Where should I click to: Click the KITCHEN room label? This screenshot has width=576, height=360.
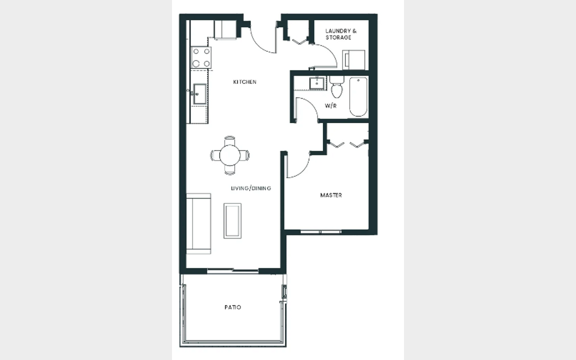pyautogui.click(x=244, y=82)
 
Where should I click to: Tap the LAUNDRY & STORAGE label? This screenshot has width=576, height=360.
pyautogui.click(x=341, y=34)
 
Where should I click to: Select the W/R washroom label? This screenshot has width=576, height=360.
pyautogui.click(x=331, y=106)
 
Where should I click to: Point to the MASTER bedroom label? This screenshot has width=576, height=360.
pyautogui.click(x=331, y=195)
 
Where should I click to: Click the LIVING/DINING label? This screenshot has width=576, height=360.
pyautogui.click(x=251, y=188)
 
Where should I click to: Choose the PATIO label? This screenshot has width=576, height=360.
pyautogui.click(x=233, y=307)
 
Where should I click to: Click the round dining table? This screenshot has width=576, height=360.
pyautogui.click(x=230, y=155)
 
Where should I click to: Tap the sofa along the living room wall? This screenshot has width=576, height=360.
pyautogui.click(x=198, y=224)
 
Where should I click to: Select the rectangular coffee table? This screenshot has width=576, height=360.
pyautogui.click(x=232, y=221)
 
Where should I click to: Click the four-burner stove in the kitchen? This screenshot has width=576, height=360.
pyautogui.click(x=201, y=57)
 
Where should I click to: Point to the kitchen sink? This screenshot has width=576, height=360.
pyautogui.click(x=200, y=94)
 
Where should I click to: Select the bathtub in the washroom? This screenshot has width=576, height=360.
pyautogui.click(x=358, y=97)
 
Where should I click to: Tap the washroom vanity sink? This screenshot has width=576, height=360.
pyautogui.click(x=316, y=83)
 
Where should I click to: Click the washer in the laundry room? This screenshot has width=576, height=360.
pyautogui.click(x=354, y=60)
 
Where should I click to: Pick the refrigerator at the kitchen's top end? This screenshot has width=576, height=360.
pyautogui.click(x=226, y=30)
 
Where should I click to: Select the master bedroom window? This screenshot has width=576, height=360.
pyautogui.click(x=321, y=232)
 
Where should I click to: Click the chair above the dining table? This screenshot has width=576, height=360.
pyautogui.click(x=230, y=141)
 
